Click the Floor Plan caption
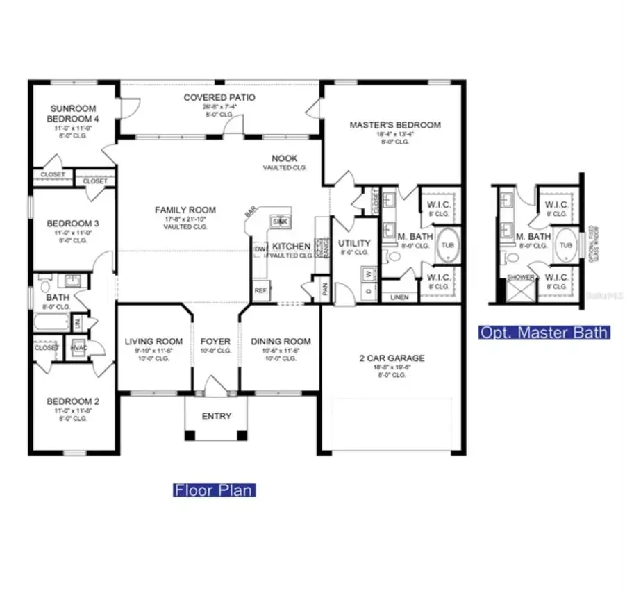pos(214,490)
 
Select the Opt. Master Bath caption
pos(544,333)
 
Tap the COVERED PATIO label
pos(219,97)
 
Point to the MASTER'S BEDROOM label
pos(394,125)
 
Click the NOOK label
pos(284,158)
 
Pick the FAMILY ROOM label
pos(185,210)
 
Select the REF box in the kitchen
pos(260,290)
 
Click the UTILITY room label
pos(354,243)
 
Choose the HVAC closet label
pos(77,348)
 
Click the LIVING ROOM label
pos(153,341)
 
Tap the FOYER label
pos(215,341)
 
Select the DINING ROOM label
pos(281,341)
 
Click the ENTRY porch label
pos(216,416)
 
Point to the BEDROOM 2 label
pos(69,401)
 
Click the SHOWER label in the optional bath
pos(521,278)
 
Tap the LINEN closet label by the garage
pos(399,297)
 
